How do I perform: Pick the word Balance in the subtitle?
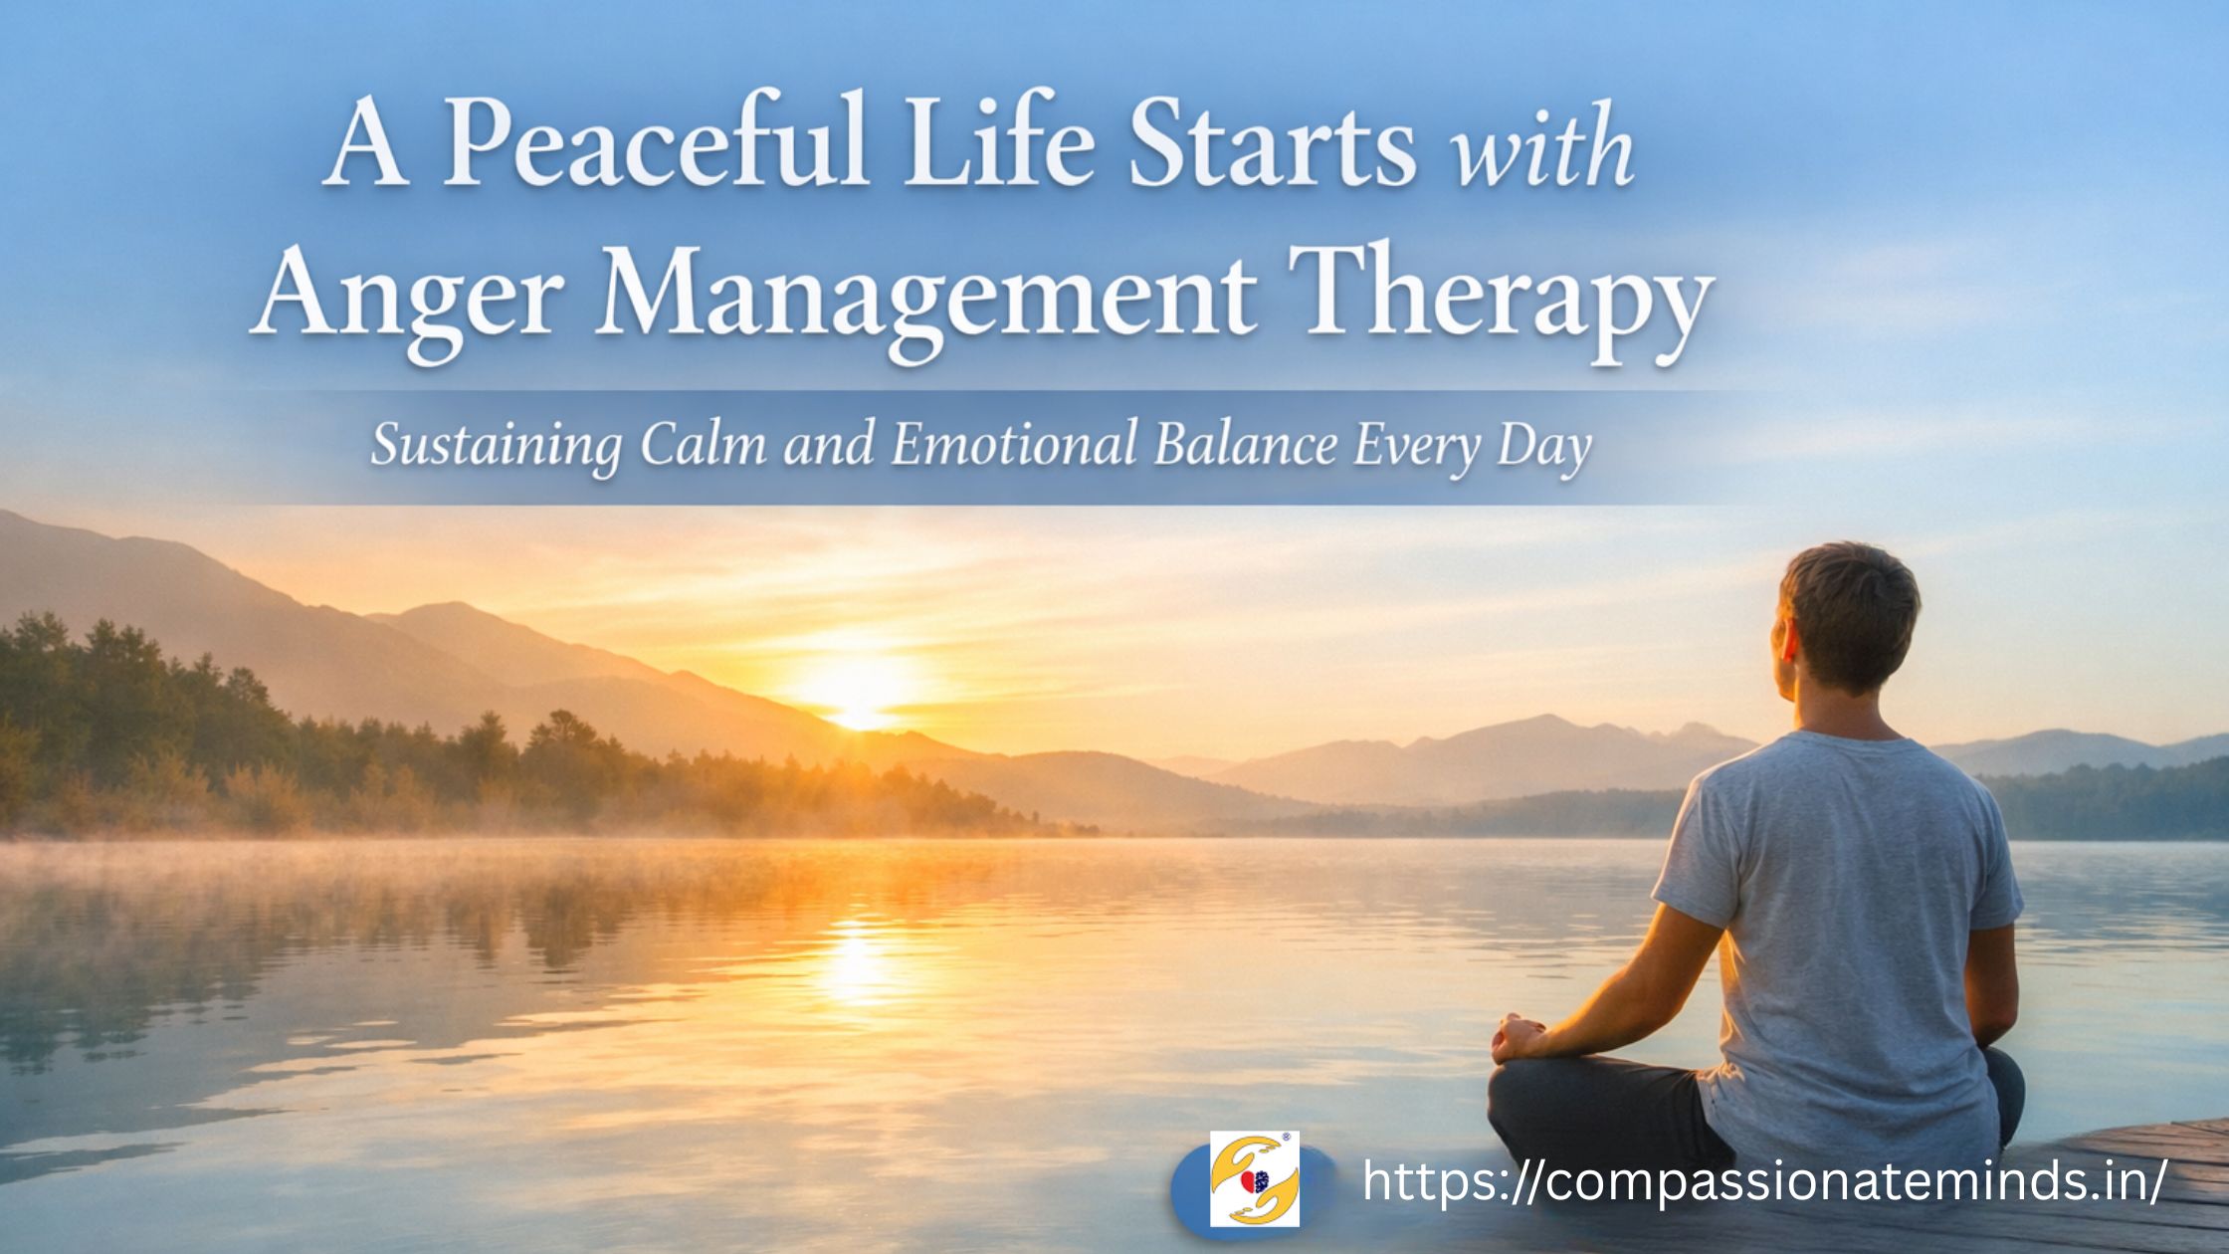(1243, 447)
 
